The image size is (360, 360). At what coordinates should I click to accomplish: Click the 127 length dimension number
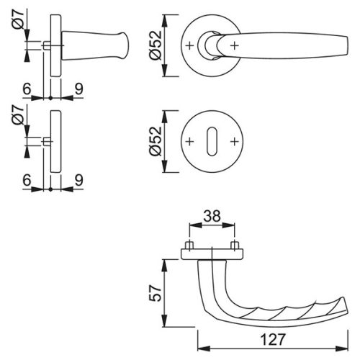[273, 339]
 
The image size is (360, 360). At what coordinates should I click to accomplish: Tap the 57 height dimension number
[156, 293]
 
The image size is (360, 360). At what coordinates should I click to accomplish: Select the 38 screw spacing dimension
[212, 215]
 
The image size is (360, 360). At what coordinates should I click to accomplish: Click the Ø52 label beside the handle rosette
[156, 45]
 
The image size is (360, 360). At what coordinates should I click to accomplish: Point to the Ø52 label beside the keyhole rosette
[156, 141]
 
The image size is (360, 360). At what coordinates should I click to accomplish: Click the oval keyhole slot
[212, 141]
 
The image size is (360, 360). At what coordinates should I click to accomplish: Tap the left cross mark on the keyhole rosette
[189, 142]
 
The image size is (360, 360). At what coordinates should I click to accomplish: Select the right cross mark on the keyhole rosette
[235, 142]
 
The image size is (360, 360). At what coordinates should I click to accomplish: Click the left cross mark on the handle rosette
[189, 45]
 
